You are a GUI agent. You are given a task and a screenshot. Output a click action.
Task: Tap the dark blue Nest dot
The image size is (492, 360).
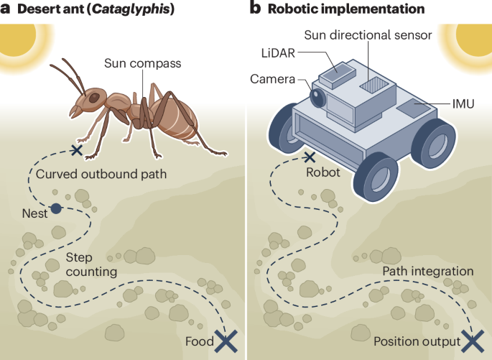pyautogui.click(x=56, y=209)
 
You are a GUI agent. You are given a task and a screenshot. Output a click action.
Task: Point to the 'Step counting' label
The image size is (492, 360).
pyautogui.click(x=91, y=264)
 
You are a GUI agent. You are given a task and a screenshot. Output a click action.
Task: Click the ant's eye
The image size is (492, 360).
pyautogui.click(x=94, y=96)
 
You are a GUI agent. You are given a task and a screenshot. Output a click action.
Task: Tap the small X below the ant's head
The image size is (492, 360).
pyautogui.click(x=77, y=150)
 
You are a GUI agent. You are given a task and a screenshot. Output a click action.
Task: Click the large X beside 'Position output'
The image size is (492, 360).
pyautogui.click(x=472, y=341)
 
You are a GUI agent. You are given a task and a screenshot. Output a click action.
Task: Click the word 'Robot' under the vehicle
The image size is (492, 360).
pyautogui.click(x=323, y=173)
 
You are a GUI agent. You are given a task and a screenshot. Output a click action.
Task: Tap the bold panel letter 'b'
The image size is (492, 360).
pyautogui.click(x=254, y=9)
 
